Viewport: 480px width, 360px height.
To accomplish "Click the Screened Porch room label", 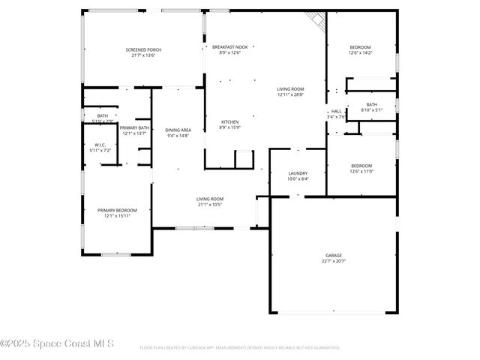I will [142, 49].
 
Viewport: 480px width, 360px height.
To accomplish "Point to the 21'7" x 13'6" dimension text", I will [142, 55].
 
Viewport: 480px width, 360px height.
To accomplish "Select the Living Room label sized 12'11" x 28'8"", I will [290, 88].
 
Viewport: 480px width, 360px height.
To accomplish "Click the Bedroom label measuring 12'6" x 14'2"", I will [360, 47].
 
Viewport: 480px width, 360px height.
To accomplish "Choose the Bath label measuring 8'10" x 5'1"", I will [371, 104].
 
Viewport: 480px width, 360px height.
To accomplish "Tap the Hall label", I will [335, 111].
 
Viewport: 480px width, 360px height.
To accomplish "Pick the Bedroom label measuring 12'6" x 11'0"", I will [361, 166].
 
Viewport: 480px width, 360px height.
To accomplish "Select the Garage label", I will [333, 255].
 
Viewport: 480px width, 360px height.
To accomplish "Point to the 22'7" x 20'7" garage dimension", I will [333, 261].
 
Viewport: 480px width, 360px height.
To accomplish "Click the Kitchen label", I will [229, 121].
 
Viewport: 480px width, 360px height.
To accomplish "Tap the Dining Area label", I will [178, 130].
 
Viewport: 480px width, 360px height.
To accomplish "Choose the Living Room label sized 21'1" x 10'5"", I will [210, 199].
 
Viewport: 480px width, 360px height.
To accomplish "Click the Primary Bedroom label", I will [117, 210].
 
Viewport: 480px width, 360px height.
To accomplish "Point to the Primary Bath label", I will [134, 127].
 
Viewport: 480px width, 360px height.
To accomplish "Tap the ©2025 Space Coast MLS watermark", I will [57, 344].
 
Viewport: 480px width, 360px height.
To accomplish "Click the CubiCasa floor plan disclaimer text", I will [239, 347].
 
